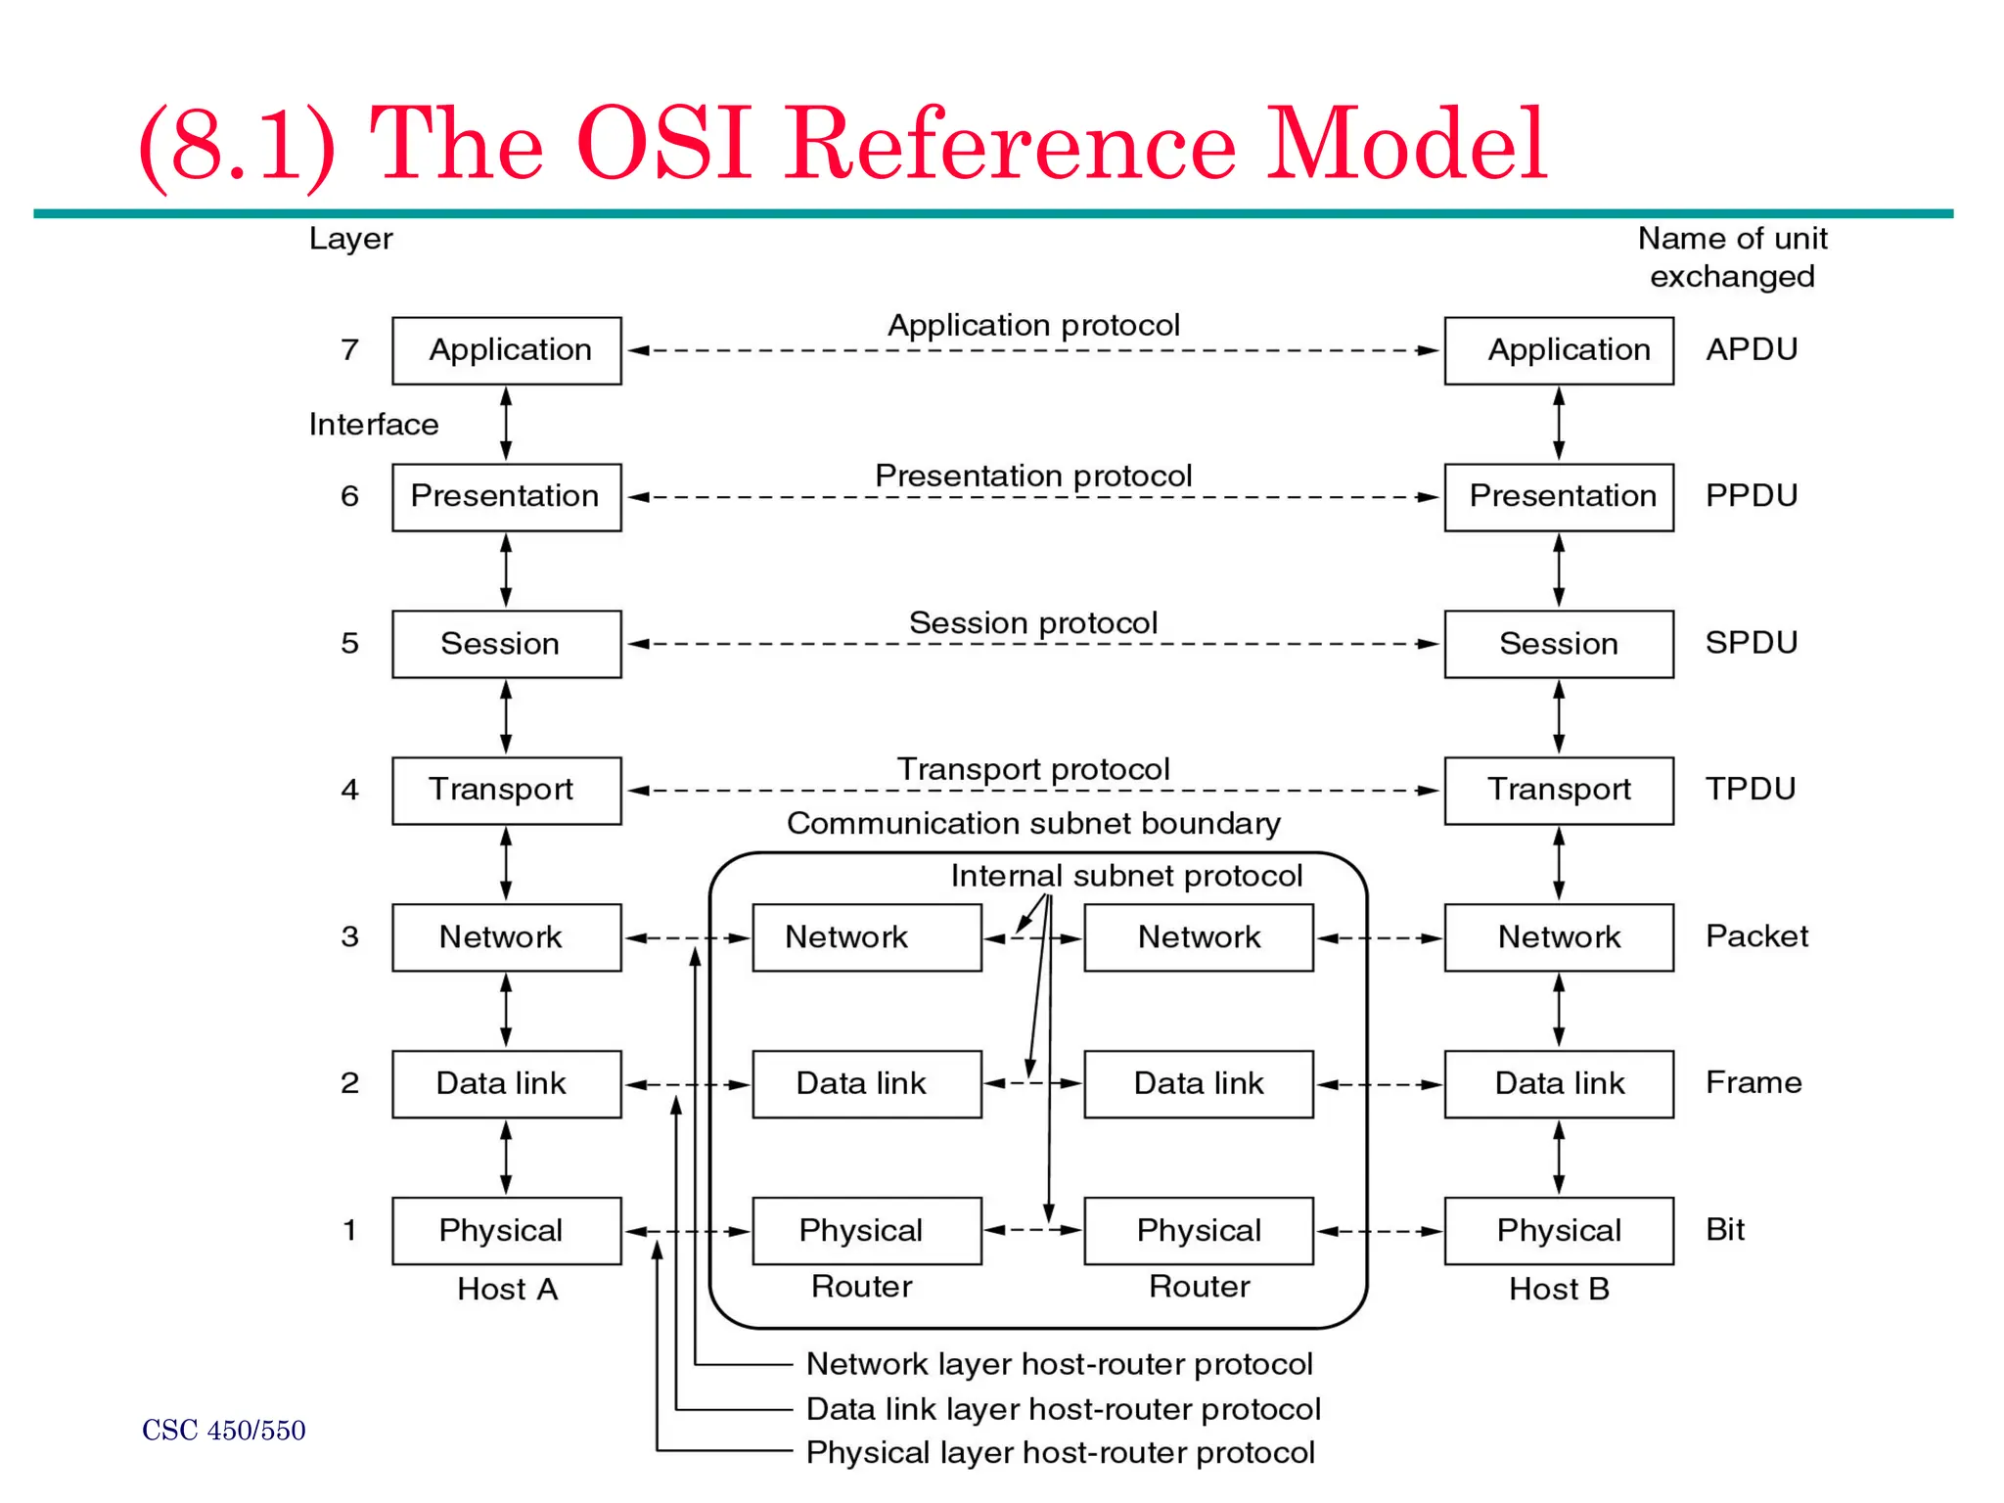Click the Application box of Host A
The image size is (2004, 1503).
(x=506, y=350)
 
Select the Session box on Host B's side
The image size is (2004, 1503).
(x=1558, y=644)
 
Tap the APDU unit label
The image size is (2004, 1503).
(x=1752, y=349)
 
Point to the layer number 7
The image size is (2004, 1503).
(x=349, y=349)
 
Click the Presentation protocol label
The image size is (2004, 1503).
(x=1033, y=476)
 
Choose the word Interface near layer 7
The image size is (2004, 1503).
(x=373, y=424)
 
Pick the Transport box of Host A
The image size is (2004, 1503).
(x=506, y=790)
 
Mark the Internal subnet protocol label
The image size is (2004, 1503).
(x=1126, y=875)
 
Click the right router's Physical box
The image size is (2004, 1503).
(x=1198, y=1230)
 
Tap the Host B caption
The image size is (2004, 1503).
(x=1559, y=1289)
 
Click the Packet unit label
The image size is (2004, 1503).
(x=1756, y=936)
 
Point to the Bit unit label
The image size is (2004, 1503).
(x=1725, y=1230)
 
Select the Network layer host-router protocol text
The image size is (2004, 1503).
(x=1059, y=1363)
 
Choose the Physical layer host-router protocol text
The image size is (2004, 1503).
(x=1060, y=1452)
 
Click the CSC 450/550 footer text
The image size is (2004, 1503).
(x=223, y=1431)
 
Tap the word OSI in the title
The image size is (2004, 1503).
(x=664, y=145)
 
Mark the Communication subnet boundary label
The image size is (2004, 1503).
(x=1033, y=823)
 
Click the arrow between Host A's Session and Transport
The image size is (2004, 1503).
(x=506, y=717)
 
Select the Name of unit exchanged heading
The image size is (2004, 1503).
(x=1732, y=256)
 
